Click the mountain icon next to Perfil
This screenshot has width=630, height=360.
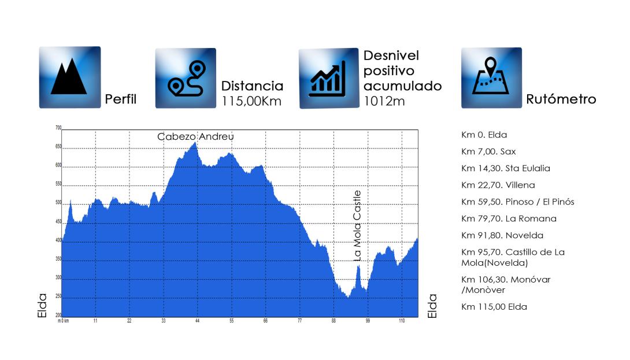tap(70, 77)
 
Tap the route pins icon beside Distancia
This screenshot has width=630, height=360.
tap(186, 78)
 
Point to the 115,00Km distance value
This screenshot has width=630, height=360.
tap(251, 101)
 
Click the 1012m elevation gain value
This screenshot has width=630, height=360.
tap(384, 101)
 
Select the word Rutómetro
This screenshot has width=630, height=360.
tap(561, 99)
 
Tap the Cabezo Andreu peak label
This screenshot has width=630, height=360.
tap(195, 136)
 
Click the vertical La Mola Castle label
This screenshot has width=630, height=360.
tap(357, 226)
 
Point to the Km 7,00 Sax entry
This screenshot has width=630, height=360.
tap(488, 151)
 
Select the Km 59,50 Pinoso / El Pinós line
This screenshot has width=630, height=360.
tap(517, 202)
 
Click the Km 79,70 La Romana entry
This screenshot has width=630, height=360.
tap(509, 218)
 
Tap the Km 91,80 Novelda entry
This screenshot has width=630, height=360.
tap(502, 235)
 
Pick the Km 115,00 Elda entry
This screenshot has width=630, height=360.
tap(494, 307)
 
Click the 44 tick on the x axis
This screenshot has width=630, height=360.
tap(197, 321)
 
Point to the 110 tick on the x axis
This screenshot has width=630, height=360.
tap(402, 321)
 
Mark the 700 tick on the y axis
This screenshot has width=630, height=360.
tap(58, 128)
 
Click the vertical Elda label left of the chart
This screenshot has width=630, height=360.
tap(42, 306)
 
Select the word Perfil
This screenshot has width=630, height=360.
tap(121, 99)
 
